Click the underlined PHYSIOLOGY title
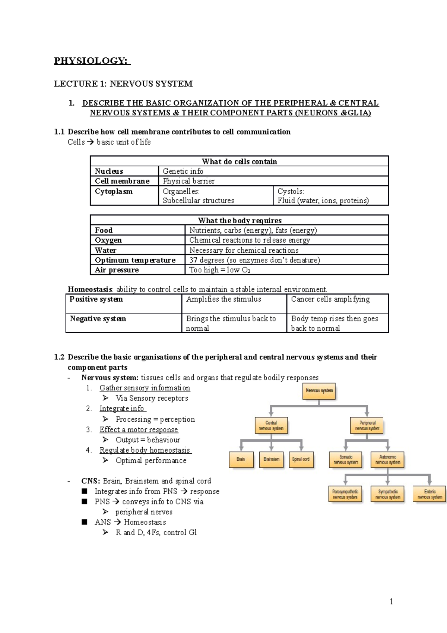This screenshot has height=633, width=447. point(92,61)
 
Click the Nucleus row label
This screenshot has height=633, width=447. point(109,171)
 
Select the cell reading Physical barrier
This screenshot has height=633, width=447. point(189,181)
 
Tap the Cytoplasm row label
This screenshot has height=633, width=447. point(114,191)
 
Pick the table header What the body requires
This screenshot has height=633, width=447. point(240,220)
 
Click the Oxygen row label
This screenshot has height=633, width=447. point(108,240)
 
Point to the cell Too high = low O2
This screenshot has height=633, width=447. point(220,270)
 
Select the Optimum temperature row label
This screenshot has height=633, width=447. point(135,260)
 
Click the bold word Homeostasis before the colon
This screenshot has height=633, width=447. point(90,289)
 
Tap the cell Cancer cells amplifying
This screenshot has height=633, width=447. point(330,299)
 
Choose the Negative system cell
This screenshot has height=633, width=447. point(98,319)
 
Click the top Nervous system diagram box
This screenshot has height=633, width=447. point(319,391)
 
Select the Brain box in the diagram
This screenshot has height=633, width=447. point(241,459)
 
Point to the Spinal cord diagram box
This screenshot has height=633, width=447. point(301,459)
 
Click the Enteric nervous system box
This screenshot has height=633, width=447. point(429,494)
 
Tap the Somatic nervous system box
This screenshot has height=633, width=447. point(346,459)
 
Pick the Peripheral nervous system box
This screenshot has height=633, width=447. point(367,426)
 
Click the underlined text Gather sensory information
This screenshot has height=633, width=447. point(145,388)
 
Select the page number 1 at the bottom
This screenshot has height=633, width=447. point(391,601)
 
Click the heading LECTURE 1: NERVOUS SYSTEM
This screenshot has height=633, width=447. point(123,84)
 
